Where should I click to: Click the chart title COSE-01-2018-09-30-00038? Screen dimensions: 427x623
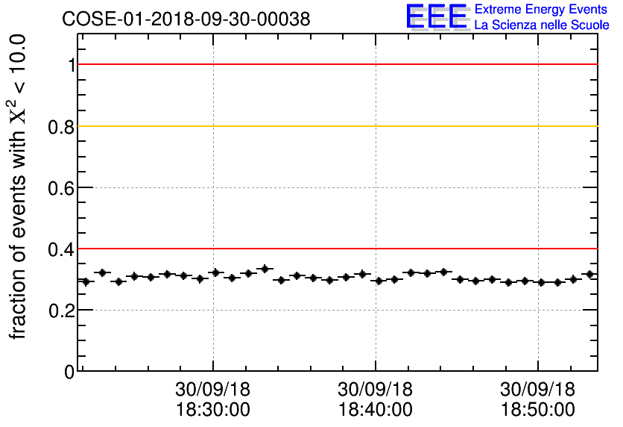click(186, 19)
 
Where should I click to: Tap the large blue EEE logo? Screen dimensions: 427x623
click(436, 16)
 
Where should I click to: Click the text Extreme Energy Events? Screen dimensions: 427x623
click(542, 10)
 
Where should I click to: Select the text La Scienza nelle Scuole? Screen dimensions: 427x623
click(542, 25)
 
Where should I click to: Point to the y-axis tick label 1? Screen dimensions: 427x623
click(72, 65)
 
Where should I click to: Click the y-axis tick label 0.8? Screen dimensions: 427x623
click(62, 126)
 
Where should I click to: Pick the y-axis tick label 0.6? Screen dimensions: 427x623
click(62, 187)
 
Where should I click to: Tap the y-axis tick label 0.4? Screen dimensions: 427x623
click(62, 249)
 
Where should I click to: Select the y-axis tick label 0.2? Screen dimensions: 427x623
click(62, 310)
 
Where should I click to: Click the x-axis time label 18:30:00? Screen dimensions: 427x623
click(213, 410)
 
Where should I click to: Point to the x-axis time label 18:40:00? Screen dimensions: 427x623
click(375, 410)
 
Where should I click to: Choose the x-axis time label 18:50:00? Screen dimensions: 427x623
click(537, 410)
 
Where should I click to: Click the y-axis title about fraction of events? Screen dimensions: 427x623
click(20, 187)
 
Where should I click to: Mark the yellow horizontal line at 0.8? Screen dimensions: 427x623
click(335, 126)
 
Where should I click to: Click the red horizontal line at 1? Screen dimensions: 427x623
click(335, 65)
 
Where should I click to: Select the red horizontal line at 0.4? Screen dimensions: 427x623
click(335, 249)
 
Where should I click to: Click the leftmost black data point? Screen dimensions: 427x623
click(86, 281)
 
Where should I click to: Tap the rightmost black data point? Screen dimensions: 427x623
click(589, 274)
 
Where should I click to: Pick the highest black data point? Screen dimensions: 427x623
click(264, 268)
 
